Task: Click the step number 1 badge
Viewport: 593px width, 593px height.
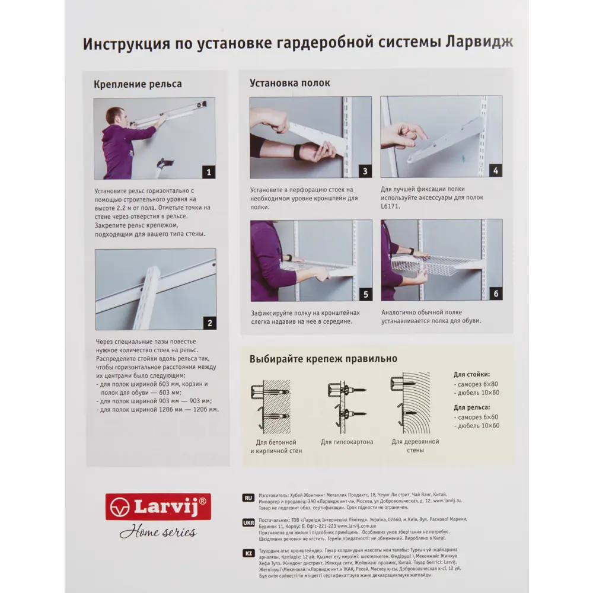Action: [208, 173]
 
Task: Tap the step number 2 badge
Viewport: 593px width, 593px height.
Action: [209, 323]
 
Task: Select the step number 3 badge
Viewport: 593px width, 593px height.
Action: [365, 171]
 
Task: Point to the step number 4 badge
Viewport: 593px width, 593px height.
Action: [496, 171]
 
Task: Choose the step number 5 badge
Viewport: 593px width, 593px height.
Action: [365, 294]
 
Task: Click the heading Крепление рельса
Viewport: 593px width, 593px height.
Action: [138, 84]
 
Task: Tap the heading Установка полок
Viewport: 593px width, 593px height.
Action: [289, 83]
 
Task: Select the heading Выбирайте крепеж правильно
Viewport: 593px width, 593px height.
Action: [323, 359]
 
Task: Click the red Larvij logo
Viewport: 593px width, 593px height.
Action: [158, 506]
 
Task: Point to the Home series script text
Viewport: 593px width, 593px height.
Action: [158, 531]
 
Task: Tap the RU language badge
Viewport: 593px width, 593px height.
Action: [248, 498]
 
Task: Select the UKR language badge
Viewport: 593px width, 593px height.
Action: [248, 523]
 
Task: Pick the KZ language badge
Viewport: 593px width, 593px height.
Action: [248, 553]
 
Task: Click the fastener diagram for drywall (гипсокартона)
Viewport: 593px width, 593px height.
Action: [346, 403]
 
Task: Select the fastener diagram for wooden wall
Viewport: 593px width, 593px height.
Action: [410, 403]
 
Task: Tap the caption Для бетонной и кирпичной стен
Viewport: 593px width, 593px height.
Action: [276, 447]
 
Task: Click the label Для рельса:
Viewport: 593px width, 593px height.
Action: [471, 407]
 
